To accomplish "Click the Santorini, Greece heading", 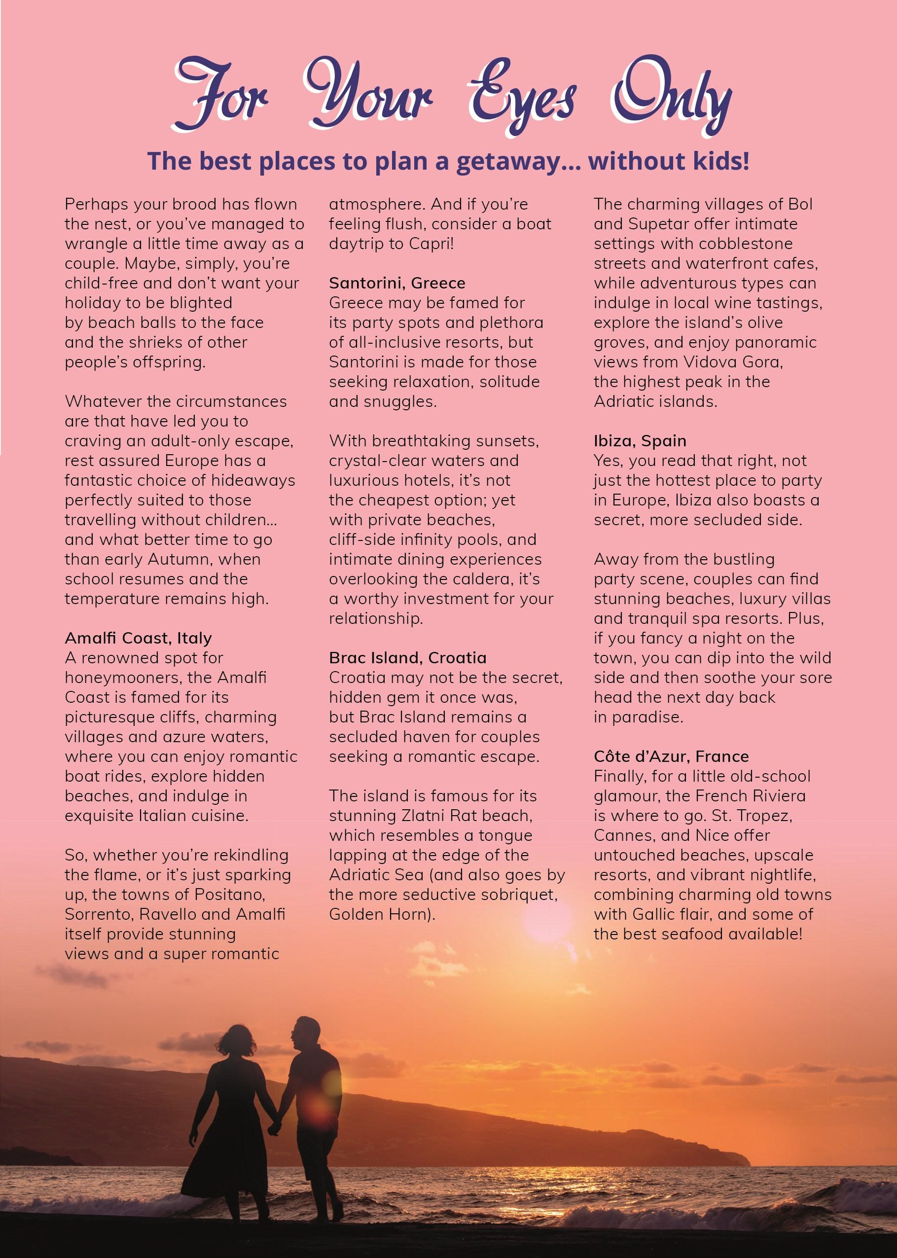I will (x=397, y=283).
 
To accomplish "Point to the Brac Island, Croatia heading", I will (x=408, y=658).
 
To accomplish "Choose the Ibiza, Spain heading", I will (x=640, y=441).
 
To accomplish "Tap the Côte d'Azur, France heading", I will (x=671, y=756).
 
